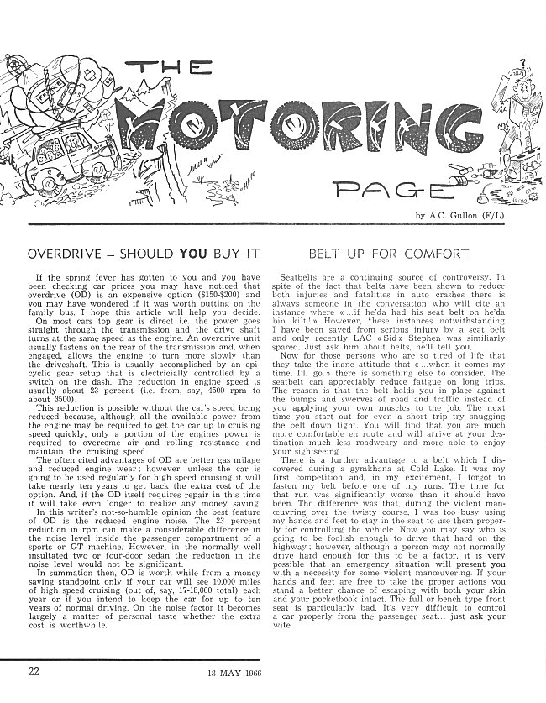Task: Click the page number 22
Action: pyautogui.click(x=33, y=670)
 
